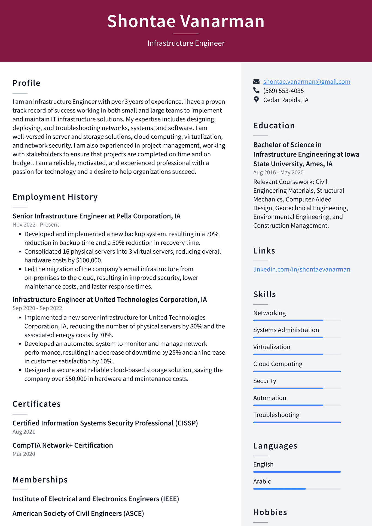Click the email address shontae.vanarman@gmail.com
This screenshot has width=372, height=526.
tap(307, 82)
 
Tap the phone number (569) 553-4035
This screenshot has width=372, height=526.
tap(283, 91)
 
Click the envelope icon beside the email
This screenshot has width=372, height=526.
tap(256, 82)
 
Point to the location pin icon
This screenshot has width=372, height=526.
tap(256, 100)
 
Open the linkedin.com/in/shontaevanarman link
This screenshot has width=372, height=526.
tap(301, 269)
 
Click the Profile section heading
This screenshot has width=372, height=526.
tap(26, 83)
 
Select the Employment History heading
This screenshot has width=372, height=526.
tap(55, 197)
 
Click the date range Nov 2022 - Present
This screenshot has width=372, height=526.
tap(36, 225)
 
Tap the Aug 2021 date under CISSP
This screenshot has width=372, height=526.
tap(24, 432)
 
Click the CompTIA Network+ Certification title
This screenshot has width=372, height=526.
tap(63, 445)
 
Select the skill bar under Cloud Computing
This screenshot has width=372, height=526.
tap(297, 371)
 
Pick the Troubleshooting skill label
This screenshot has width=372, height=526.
tap(276, 415)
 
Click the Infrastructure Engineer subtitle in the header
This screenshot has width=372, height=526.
tap(186, 43)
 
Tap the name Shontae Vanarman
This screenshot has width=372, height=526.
tap(186, 21)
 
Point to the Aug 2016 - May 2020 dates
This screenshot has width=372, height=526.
tap(278, 172)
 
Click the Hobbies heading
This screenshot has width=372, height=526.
tap(270, 512)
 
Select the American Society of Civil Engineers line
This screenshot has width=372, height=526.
tap(78, 513)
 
